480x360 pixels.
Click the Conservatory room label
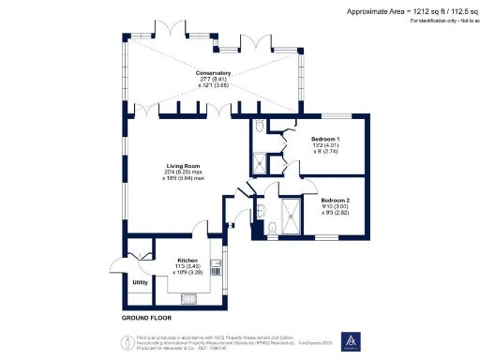(213, 73)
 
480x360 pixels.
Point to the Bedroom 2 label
(335, 201)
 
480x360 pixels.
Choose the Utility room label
(141, 282)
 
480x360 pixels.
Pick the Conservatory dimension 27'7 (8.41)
(208, 81)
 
